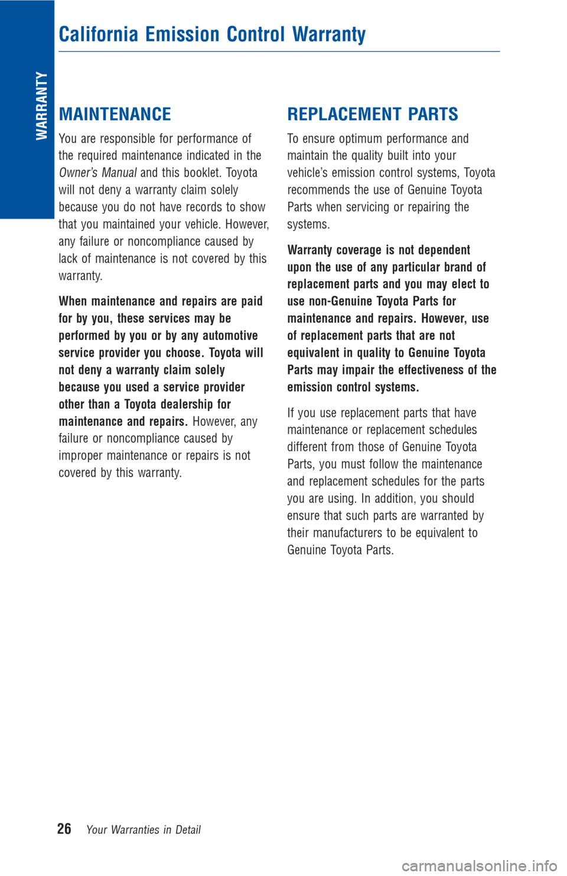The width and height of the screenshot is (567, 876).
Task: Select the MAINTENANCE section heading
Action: (x=115, y=114)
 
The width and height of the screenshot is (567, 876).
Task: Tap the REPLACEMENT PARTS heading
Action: (x=373, y=114)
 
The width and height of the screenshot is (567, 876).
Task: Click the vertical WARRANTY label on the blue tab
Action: (x=41, y=106)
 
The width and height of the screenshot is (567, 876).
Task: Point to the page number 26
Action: (x=64, y=829)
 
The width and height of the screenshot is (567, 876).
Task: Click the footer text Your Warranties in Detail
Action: (x=144, y=830)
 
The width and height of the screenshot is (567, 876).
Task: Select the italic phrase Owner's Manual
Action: (x=97, y=173)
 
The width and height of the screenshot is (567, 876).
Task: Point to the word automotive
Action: (x=230, y=336)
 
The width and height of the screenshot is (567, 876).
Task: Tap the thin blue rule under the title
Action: (x=279, y=51)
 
